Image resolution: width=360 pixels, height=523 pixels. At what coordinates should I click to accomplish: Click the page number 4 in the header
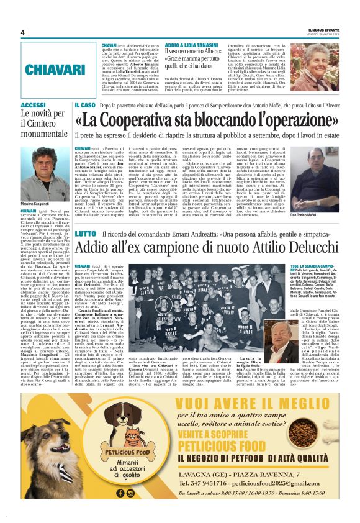(x=23, y=32)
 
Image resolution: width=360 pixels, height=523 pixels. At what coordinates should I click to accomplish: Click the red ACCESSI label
(x=34, y=106)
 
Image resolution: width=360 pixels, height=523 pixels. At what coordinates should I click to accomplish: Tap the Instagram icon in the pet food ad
(x=131, y=493)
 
